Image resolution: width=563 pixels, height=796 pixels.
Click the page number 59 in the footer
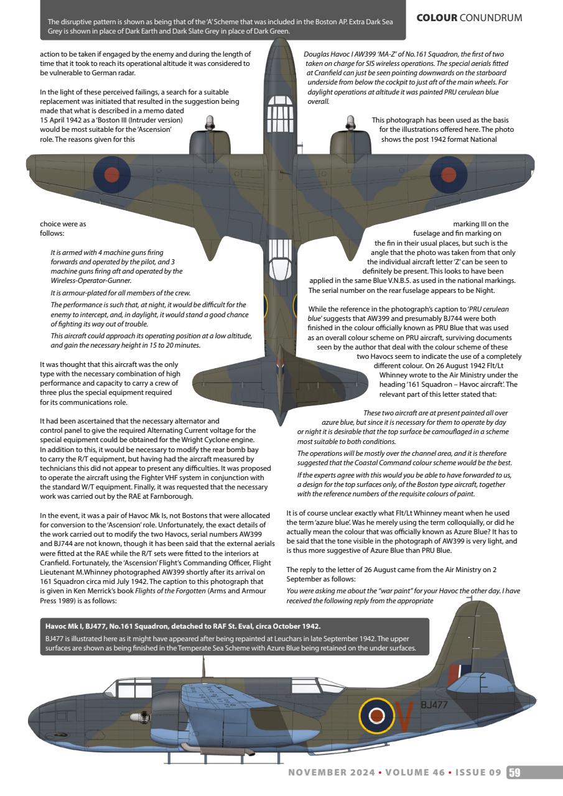514,772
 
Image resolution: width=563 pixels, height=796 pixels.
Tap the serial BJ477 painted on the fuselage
434,705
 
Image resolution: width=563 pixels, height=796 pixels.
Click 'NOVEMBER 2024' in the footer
330,772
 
